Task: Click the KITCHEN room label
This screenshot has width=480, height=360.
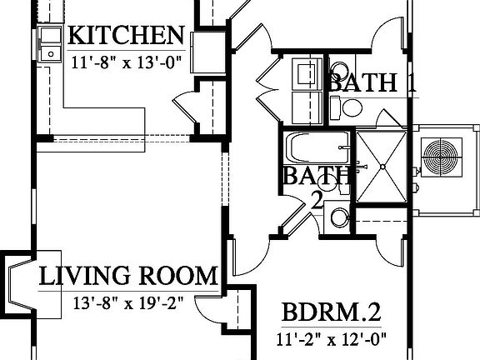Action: (x=125, y=35)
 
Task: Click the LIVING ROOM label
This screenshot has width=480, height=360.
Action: (x=129, y=276)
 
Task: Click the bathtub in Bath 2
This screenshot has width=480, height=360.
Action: (x=317, y=149)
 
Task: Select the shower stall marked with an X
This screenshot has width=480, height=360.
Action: (x=382, y=165)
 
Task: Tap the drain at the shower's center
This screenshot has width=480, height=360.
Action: (x=382, y=166)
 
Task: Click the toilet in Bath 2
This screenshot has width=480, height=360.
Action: (x=337, y=217)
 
